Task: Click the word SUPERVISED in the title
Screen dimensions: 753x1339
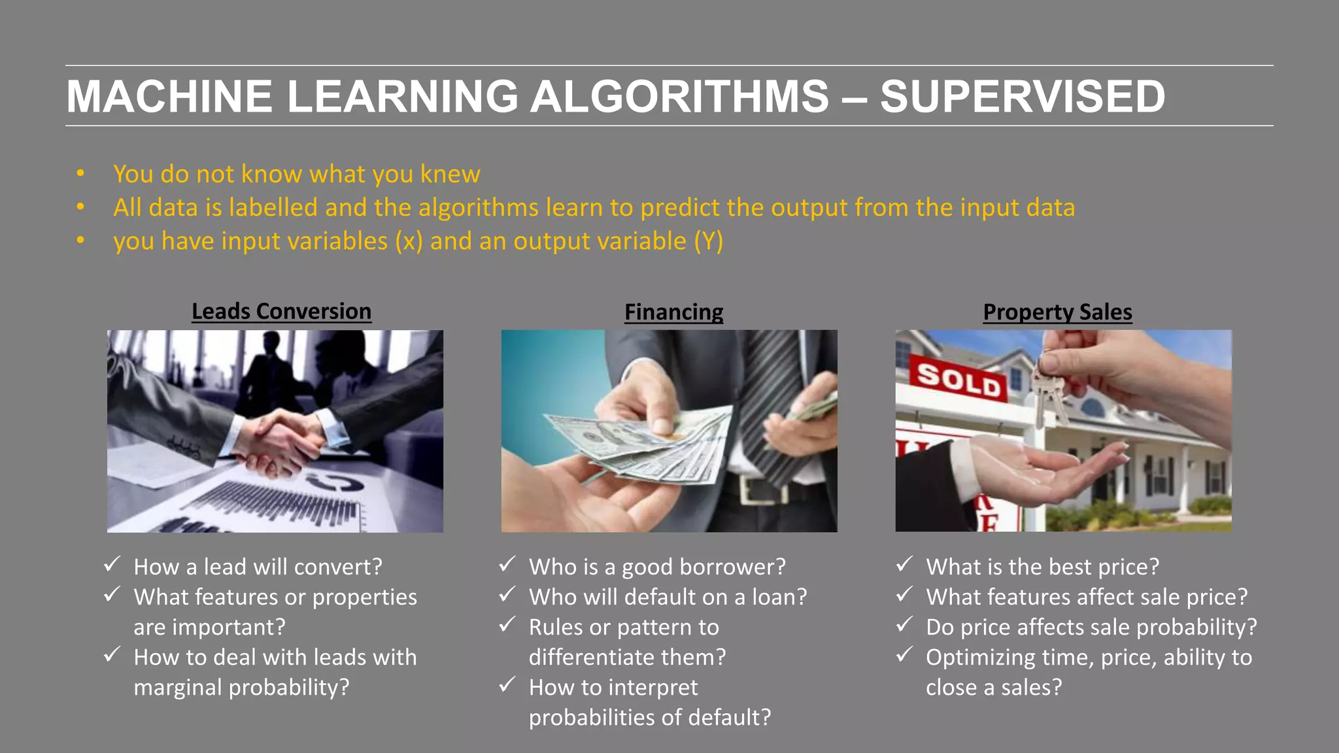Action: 1022,97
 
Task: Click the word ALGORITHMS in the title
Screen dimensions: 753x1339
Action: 679,97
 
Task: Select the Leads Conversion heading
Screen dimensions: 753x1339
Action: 281,312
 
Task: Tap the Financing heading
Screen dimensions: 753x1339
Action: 673,312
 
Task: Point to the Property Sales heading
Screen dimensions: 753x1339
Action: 1057,312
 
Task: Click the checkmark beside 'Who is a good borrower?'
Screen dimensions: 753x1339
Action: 507,564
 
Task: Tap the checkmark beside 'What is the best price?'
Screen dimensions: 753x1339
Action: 904,564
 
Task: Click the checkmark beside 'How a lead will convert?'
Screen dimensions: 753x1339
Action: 112,564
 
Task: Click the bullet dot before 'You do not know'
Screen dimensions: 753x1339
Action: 80,174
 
